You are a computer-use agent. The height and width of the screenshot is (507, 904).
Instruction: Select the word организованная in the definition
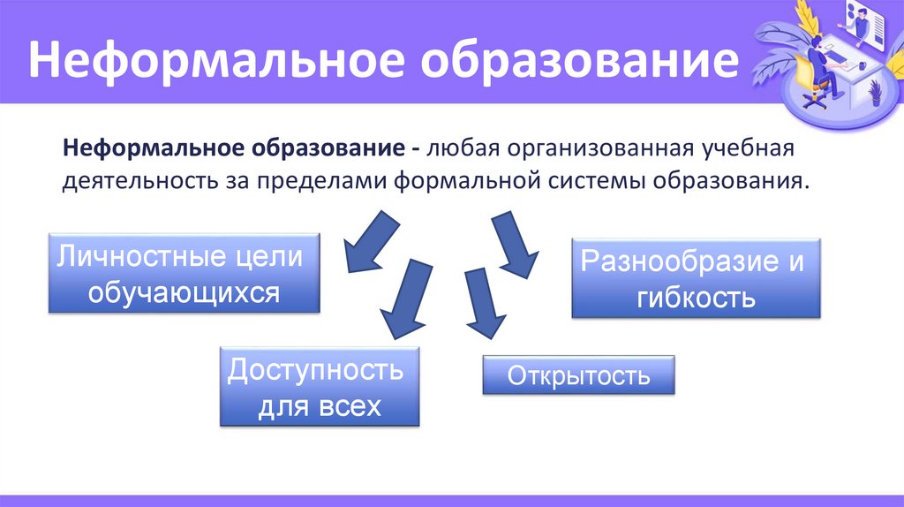[x=599, y=146]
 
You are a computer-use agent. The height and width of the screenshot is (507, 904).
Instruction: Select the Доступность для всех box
[x=319, y=387]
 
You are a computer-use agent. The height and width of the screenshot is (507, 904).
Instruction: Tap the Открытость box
[x=578, y=375]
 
